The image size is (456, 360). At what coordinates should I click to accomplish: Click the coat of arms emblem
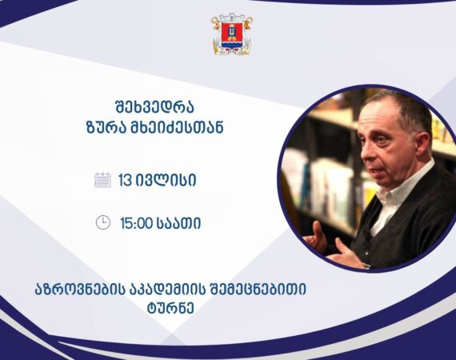pyautogui.click(x=232, y=34)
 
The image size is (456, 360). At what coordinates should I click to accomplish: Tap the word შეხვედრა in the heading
pyautogui.click(x=154, y=106)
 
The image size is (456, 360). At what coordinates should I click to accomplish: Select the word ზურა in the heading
pyautogui.click(x=105, y=127)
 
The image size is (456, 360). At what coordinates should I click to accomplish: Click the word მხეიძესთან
pyautogui.click(x=175, y=127)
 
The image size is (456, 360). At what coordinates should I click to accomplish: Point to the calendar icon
pyautogui.click(x=102, y=180)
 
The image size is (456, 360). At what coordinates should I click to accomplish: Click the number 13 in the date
pyautogui.click(x=126, y=181)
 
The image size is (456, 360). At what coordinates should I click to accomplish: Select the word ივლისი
pyautogui.click(x=166, y=181)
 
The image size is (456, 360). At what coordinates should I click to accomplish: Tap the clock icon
pyautogui.click(x=103, y=222)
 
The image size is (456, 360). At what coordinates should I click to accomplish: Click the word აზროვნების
pyautogui.click(x=81, y=290)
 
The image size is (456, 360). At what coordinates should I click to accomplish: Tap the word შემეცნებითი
pyautogui.click(x=256, y=290)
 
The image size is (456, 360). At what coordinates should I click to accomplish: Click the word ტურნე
pyautogui.click(x=170, y=308)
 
